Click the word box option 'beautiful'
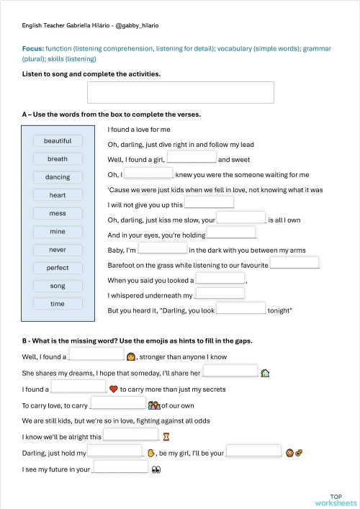pyautogui.click(x=58, y=141)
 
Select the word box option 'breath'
pyautogui.click(x=58, y=159)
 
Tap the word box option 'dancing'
pyautogui.click(x=58, y=177)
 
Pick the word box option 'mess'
pyautogui.click(x=58, y=214)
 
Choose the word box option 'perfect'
pyautogui.click(x=58, y=268)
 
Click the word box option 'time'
pyautogui.click(x=58, y=304)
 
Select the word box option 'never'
pyautogui.click(x=58, y=250)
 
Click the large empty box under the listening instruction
pyautogui.click(x=180, y=93)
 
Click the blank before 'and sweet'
pyautogui.click(x=192, y=158)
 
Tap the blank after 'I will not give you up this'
pyautogui.click(x=209, y=203)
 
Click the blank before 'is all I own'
pyautogui.click(x=241, y=217)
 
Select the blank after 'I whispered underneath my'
pyautogui.click(x=220, y=294)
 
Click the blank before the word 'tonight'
pyautogui.click(x=241, y=309)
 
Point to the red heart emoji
pyautogui.click(x=113, y=389)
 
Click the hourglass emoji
pyautogui.click(x=166, y=436)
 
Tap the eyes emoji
pyautogui.click(x=156, y=469)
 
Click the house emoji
pyautogui.click(x=265, y=373)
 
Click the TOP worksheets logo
pyautogui.click(x=336, y=499)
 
